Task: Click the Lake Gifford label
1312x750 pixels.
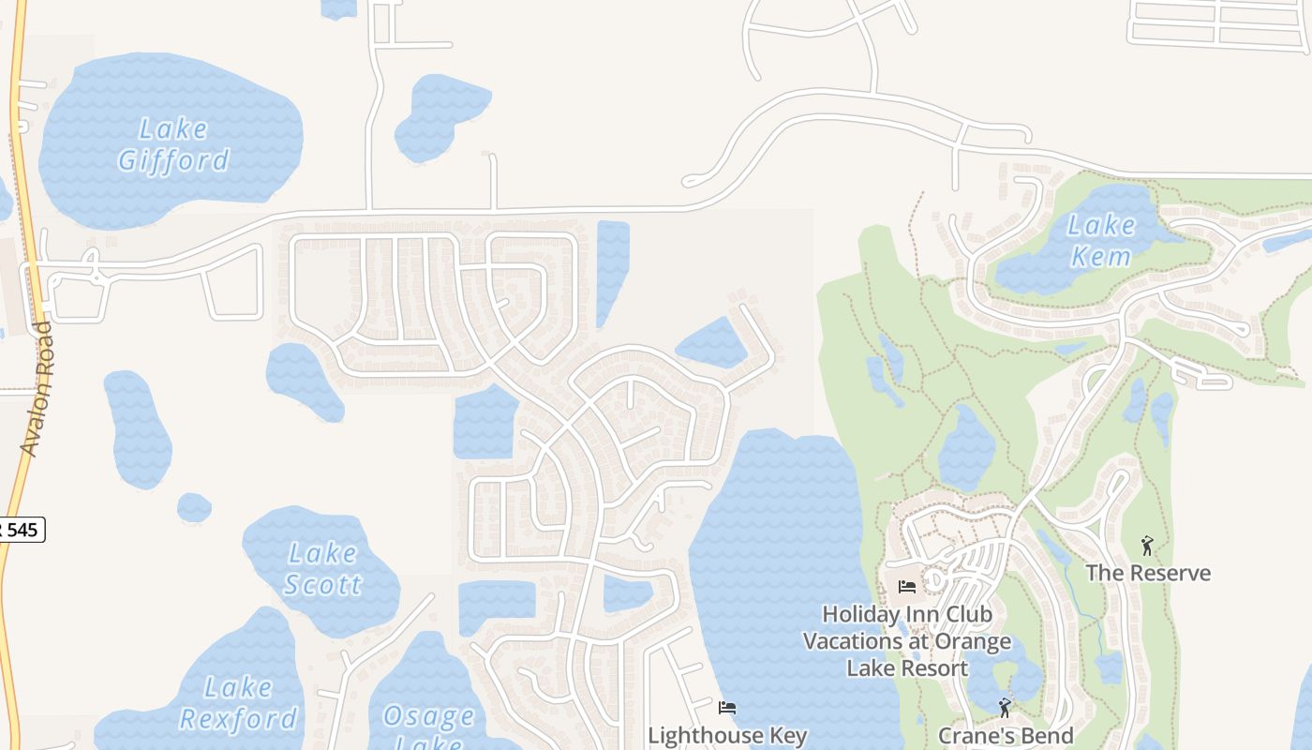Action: (173, 143)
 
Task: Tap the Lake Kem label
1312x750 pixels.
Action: (1101, 240)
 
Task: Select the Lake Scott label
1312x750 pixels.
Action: (321, 568)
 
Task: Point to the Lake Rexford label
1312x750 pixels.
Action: (238, 703)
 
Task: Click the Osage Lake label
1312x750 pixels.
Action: (428, 727)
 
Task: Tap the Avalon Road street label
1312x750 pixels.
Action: (37, 389)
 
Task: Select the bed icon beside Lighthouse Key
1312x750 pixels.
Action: (727, 708)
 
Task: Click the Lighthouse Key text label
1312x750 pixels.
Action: (727, 735)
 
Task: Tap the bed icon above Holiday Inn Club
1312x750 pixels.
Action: (907, 588)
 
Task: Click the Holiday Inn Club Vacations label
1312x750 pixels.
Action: (907, 641)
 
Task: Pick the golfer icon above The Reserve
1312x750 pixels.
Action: (1147, 546)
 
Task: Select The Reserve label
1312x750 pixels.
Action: (1148, 573)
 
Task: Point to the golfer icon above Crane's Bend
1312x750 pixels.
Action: (1005, 708)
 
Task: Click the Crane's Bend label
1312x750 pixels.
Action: (1006, 735)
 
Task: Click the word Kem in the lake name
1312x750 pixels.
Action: (1101, 256)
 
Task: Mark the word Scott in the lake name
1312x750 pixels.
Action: (322, 585)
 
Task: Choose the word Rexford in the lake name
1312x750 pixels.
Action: (238, 719)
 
